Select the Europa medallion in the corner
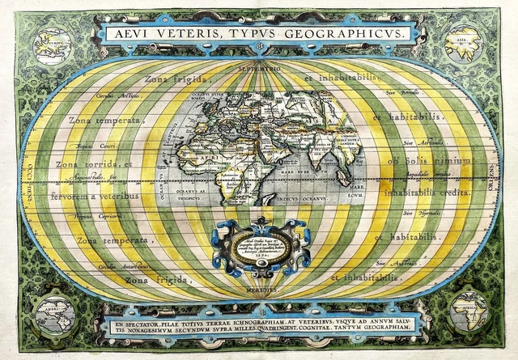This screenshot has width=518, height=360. coord(55,42)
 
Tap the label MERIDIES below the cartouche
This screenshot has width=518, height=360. coord(259,288)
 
